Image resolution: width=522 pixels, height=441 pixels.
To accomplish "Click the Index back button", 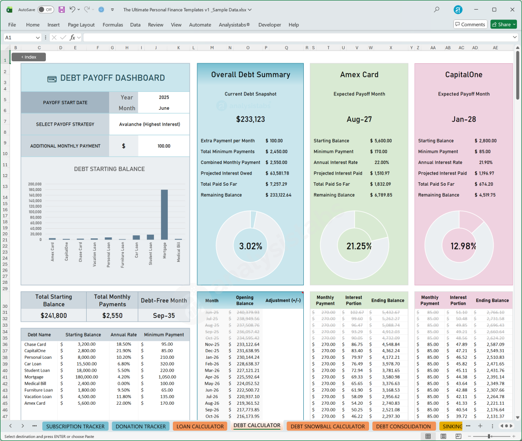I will pos(29,57).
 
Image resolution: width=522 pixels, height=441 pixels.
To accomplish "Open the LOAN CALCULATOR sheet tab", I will pos(200,426).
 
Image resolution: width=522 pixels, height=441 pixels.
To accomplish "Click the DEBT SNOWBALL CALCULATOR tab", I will pos(327,426).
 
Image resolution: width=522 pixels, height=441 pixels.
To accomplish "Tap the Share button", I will pos(503,24).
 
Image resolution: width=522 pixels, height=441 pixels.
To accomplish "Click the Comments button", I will pos(469,24).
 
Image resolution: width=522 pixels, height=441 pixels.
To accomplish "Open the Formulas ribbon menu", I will pos(113,24).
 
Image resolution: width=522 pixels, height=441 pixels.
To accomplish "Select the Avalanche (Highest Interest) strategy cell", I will pos(149,124).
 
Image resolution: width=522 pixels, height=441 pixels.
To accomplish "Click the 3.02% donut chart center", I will pos(250,246).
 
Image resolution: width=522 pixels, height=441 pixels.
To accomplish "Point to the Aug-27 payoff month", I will pos(359,119).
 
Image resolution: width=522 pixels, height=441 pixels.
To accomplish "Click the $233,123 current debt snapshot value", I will pos(250,119).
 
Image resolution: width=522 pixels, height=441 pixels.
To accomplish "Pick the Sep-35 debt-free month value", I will pos(164,315).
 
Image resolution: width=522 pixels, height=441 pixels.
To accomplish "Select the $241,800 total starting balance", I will pos(54,315).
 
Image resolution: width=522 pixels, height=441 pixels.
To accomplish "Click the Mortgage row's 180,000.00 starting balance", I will pos(82,377).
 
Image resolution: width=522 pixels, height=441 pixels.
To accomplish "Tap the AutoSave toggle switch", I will pos(45,10).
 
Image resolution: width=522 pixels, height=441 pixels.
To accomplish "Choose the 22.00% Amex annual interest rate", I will pos(381,162).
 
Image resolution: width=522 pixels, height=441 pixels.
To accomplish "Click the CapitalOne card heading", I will pos(463,75).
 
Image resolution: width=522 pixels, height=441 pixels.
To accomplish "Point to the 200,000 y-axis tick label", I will pos(35,184).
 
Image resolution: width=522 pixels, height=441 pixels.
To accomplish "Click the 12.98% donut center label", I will pos(463,246).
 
